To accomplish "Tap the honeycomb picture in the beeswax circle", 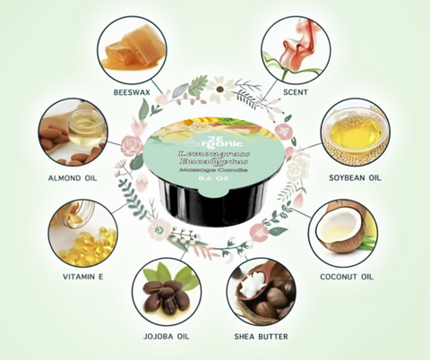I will click(x=131, y=47).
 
